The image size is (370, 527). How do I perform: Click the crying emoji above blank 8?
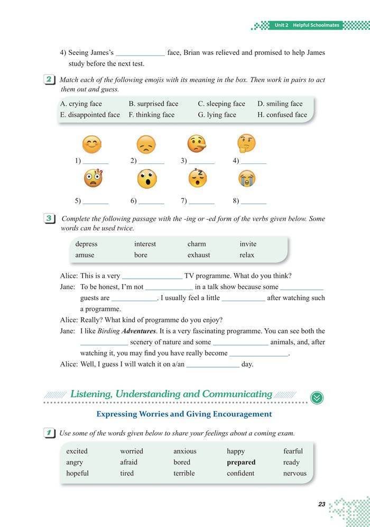tap(247, 179)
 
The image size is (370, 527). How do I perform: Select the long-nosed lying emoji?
tap(197, 144)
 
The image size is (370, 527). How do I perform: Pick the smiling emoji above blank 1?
tap(92, 144)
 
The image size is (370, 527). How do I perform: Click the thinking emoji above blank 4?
tap(246, 143)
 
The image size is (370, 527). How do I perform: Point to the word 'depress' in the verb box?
tap(86, 244)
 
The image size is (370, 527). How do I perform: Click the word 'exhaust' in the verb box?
tap(199, 255)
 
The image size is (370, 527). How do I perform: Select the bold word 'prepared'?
tap(241, 462)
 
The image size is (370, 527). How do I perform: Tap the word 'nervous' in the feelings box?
tap(294, 473)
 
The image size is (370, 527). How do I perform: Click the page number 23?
tap(321, 504)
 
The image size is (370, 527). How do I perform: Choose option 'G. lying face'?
tap(217, 114)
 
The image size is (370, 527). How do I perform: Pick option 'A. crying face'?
tap(81, 104)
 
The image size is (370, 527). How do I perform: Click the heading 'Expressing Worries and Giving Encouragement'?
tap(184, 414)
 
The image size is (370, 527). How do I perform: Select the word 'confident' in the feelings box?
tap(240, 473)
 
